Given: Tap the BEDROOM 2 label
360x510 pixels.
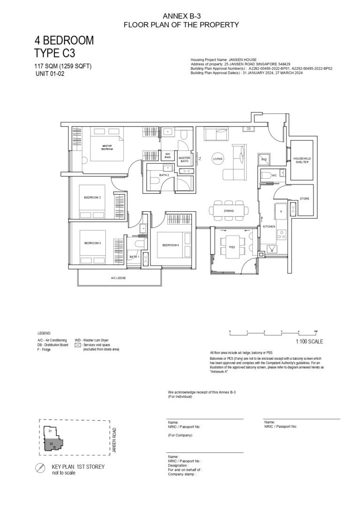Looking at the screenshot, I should coord(92,198).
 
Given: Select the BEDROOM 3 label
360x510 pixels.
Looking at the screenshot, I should coord(92,243).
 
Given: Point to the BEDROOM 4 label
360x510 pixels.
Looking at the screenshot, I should coord(171,245).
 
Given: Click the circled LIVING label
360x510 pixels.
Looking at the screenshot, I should coord(217,159).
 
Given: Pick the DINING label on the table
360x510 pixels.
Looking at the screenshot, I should coord(229,211).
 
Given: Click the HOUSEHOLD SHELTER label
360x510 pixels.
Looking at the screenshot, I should coord(302,160).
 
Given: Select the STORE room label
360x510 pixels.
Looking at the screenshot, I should coord(304,199).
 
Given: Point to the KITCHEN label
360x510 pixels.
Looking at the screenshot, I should coord(269,227).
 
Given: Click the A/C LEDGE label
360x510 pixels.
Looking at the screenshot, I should coord(118,278).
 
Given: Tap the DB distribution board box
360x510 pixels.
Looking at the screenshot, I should coord(248,129).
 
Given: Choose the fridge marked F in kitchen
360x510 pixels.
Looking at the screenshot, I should coord(281,212).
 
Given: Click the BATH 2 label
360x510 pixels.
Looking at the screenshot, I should coord(164,175).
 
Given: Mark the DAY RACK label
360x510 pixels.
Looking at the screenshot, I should coord(167,155).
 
